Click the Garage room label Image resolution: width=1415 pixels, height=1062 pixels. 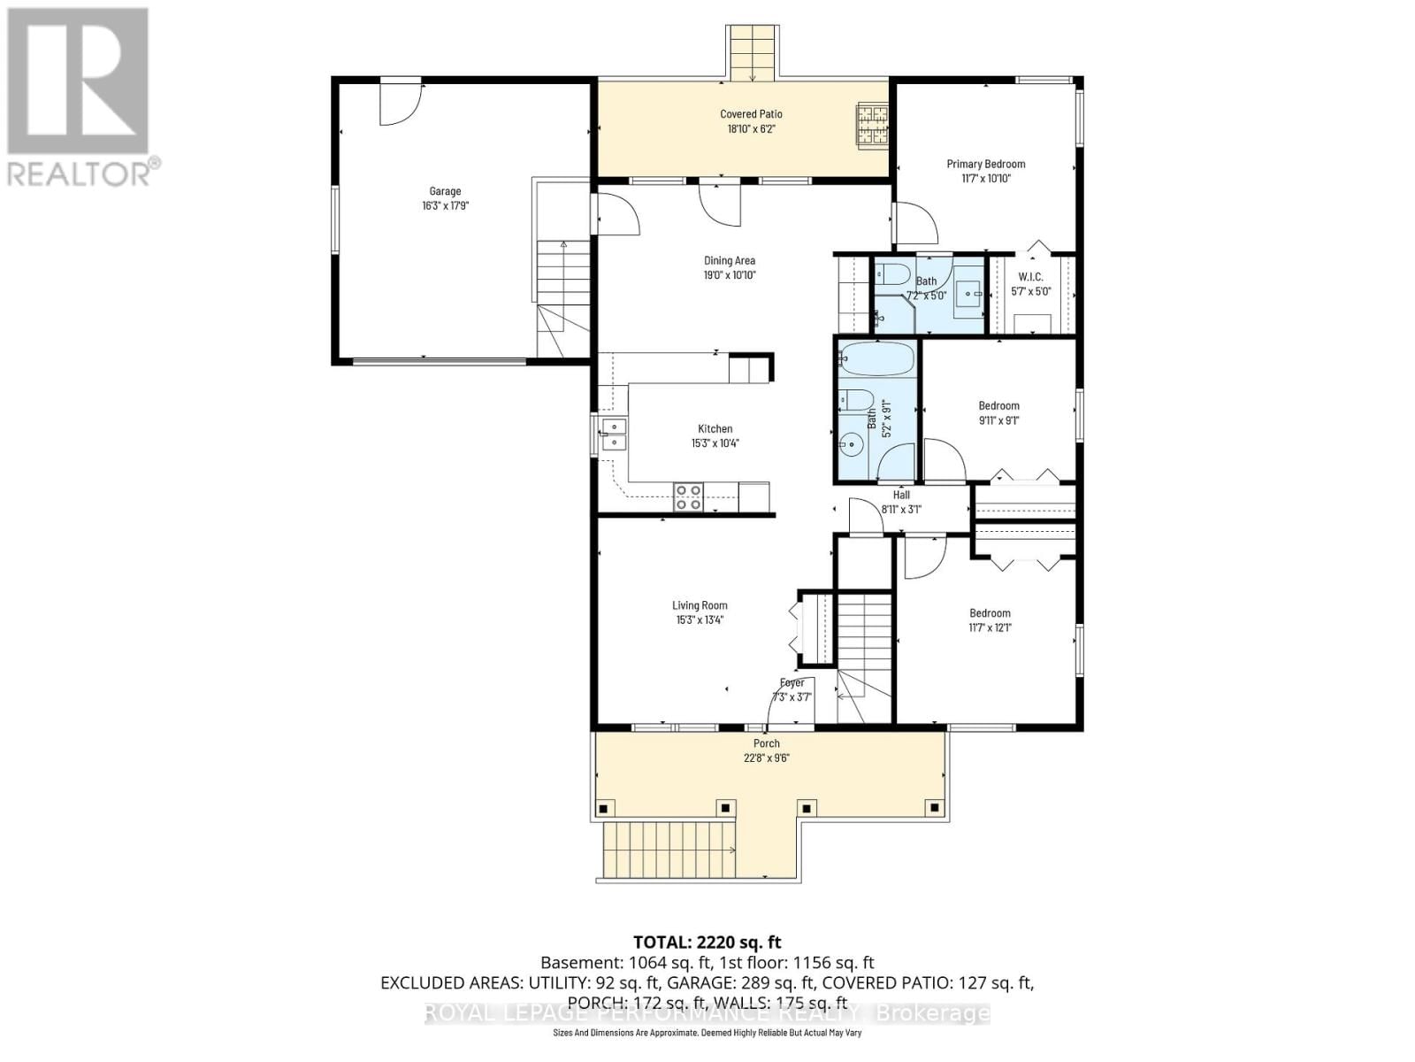(x=445, y=191)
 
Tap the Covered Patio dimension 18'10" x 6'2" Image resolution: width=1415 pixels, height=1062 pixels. (x=751, y=129)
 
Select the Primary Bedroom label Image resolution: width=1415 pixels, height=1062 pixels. (x=985, y=164)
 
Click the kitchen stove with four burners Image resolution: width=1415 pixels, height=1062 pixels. (x=689, y=497)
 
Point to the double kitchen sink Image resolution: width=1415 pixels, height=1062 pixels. (x=612, y=434)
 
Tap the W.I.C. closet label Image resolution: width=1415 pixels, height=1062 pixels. (x=1030, y=277)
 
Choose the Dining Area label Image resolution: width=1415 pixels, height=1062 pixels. (x=729, y=260)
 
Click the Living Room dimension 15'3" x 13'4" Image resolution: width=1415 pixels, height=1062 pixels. (x=699, y=620)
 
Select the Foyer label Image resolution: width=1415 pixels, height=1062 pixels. (x=792, y=682)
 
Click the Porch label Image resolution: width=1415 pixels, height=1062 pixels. (x=766, y=743)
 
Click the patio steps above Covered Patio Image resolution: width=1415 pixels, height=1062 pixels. (x=753, y=51)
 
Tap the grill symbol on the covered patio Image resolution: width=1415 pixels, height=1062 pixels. (x=871, y=124)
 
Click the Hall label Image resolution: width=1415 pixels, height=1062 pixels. (x=901, y=495)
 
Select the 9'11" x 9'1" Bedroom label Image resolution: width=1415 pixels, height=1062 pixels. (x=998, y=406)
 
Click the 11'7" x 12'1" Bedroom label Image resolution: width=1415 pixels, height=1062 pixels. (x=990, y=613)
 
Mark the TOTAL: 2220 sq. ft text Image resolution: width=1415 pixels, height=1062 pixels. (x=707, y=942)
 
